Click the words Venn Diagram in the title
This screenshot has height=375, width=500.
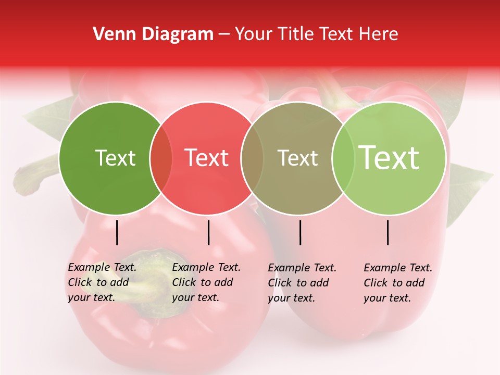153,34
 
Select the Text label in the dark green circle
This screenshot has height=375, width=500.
115,158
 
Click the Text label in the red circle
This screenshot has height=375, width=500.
207,158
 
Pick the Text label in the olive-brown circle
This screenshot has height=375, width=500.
297,158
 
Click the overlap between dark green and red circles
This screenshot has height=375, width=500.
161,158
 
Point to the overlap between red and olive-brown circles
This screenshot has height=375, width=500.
252,158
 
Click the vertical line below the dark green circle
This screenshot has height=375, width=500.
117,232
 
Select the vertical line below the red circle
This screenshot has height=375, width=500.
208,232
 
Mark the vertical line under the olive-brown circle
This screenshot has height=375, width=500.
300,232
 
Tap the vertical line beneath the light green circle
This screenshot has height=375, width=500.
388,232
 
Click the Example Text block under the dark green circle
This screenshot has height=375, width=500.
102,282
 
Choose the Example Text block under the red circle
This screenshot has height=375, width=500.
206,282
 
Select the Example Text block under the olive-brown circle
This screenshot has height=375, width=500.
302,283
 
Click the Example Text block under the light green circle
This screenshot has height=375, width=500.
398,283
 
